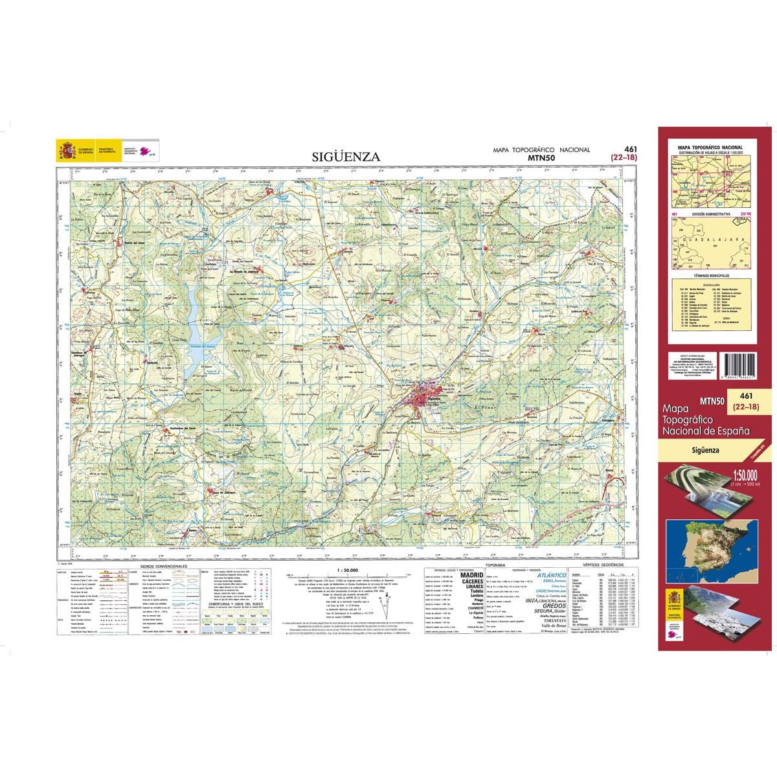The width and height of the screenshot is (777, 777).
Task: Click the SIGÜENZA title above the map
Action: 346,156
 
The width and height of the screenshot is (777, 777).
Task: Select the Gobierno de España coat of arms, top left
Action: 66,152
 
